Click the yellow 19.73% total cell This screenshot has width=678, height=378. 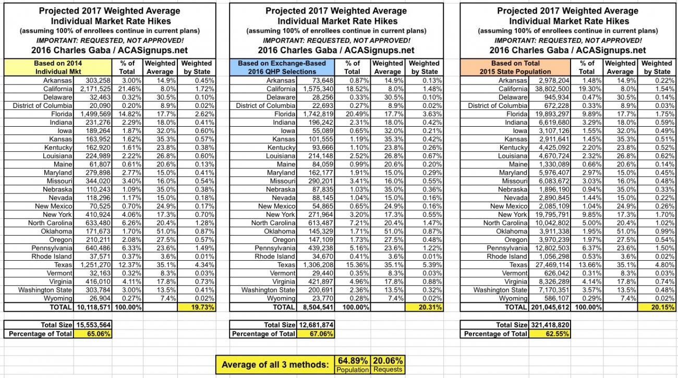pos(197,307)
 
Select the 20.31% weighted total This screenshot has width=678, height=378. pos(424,307)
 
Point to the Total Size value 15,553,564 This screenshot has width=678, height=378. pos(93,325)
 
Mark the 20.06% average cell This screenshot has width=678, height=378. pos(388,360)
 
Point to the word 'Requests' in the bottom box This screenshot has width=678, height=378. pos(388,369)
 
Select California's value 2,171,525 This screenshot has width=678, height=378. pos(92,89)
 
